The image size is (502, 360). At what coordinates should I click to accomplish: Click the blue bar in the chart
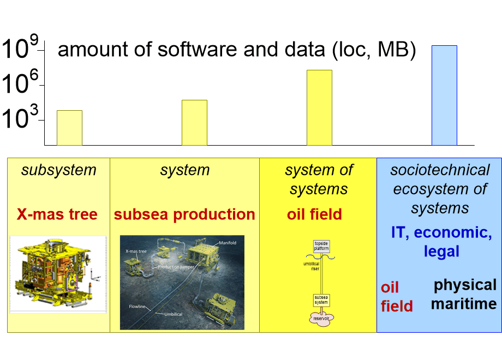click(444, 95)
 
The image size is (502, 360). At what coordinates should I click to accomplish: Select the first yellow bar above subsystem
click(69, 128)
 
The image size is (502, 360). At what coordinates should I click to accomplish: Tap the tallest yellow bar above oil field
click(319, 107)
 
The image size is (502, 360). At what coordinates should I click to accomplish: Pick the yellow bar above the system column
click(194, 123)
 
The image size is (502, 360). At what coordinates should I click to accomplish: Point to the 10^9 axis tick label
click(21, 50)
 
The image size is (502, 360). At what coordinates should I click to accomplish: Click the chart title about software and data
click(237, 50)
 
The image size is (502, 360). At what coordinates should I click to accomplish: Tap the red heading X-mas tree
click(57, 214)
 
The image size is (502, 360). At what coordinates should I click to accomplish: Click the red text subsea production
click(184, 214)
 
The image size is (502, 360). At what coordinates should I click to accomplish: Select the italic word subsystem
click(58, 170)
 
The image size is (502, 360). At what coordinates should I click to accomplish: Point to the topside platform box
click(321, 246)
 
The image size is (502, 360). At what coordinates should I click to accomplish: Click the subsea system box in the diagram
click(321, 300)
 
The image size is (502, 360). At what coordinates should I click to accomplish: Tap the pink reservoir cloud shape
click(321, 318)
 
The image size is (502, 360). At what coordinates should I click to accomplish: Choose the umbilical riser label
click(311, 266)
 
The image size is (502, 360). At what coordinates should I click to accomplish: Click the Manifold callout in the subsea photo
click(228, 242)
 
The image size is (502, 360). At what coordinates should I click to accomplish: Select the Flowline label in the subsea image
click(139, 307)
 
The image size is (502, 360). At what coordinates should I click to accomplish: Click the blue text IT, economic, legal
click(441, 242)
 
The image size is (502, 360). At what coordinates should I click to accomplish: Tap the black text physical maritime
click(464, 295)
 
